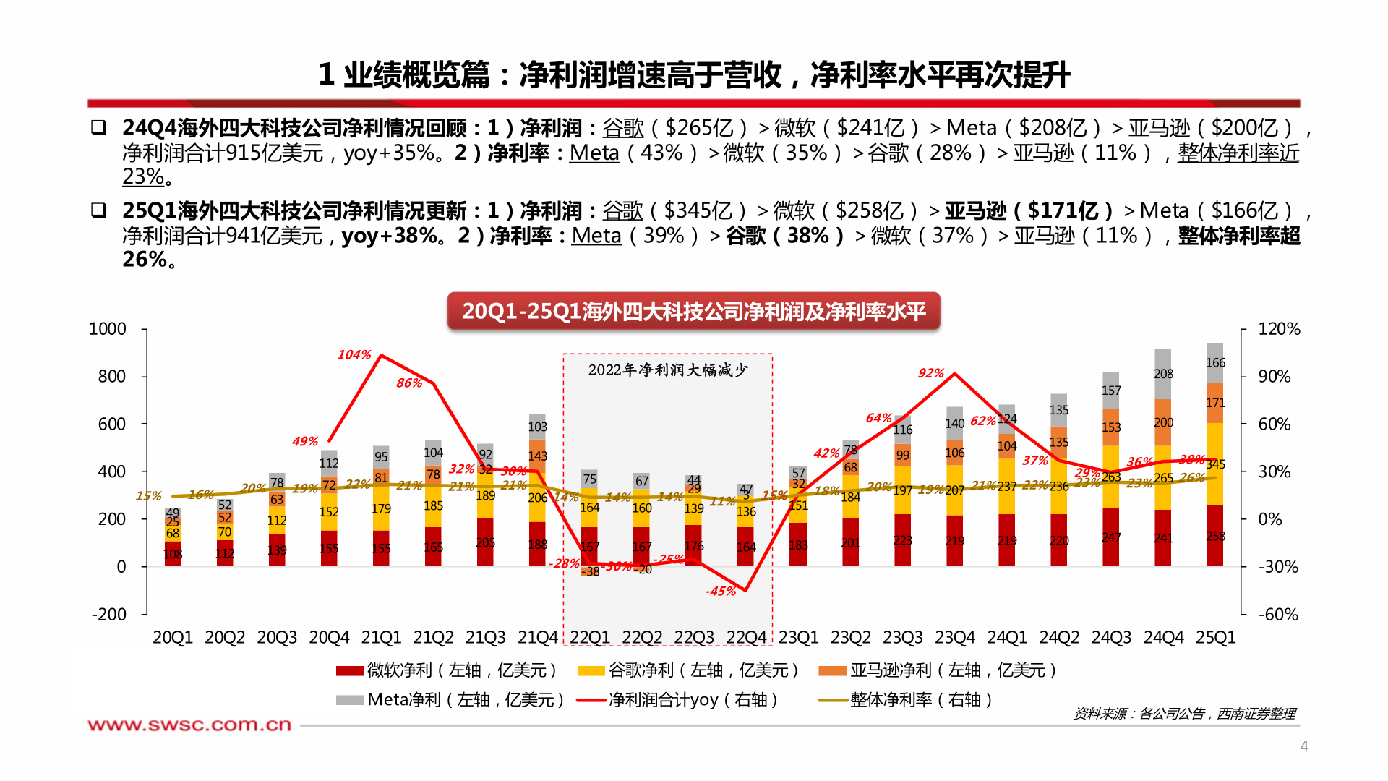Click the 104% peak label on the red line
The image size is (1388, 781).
[x=354, y=354]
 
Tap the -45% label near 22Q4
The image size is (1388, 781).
[x=720, y=591]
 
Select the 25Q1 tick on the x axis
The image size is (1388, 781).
[x=1215, y=637]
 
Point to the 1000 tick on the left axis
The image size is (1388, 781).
[x=107, y=329]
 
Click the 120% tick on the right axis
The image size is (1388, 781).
[x=1278, y=329]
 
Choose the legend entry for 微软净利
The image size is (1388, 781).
[x=446, y=670]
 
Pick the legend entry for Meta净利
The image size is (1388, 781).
[x=450, y=700]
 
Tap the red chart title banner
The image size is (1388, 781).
[x=693, y=311]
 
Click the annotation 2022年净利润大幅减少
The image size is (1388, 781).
[x=667, y=370]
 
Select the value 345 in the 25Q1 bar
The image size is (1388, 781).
[x=1215, y=464]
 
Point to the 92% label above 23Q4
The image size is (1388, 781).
[x=930, y=373]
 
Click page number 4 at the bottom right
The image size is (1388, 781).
[x=1304, y=746]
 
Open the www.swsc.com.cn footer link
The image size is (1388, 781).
[x=189, y=725]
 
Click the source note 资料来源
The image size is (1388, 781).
[x=1184, y=714]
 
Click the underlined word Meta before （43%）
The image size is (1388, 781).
[x=594, y=153]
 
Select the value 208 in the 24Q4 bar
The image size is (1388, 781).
[x=1163, y=374]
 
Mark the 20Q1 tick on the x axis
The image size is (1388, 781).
[x=173, y=637]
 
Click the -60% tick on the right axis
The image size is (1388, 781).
[x=1278, y=614]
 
